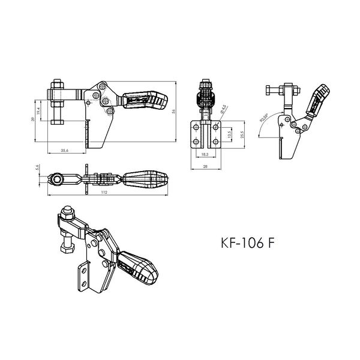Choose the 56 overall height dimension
[175, 111]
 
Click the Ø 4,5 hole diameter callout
[223, 110]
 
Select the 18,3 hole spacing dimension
[205, 154]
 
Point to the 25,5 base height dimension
[241, 133]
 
